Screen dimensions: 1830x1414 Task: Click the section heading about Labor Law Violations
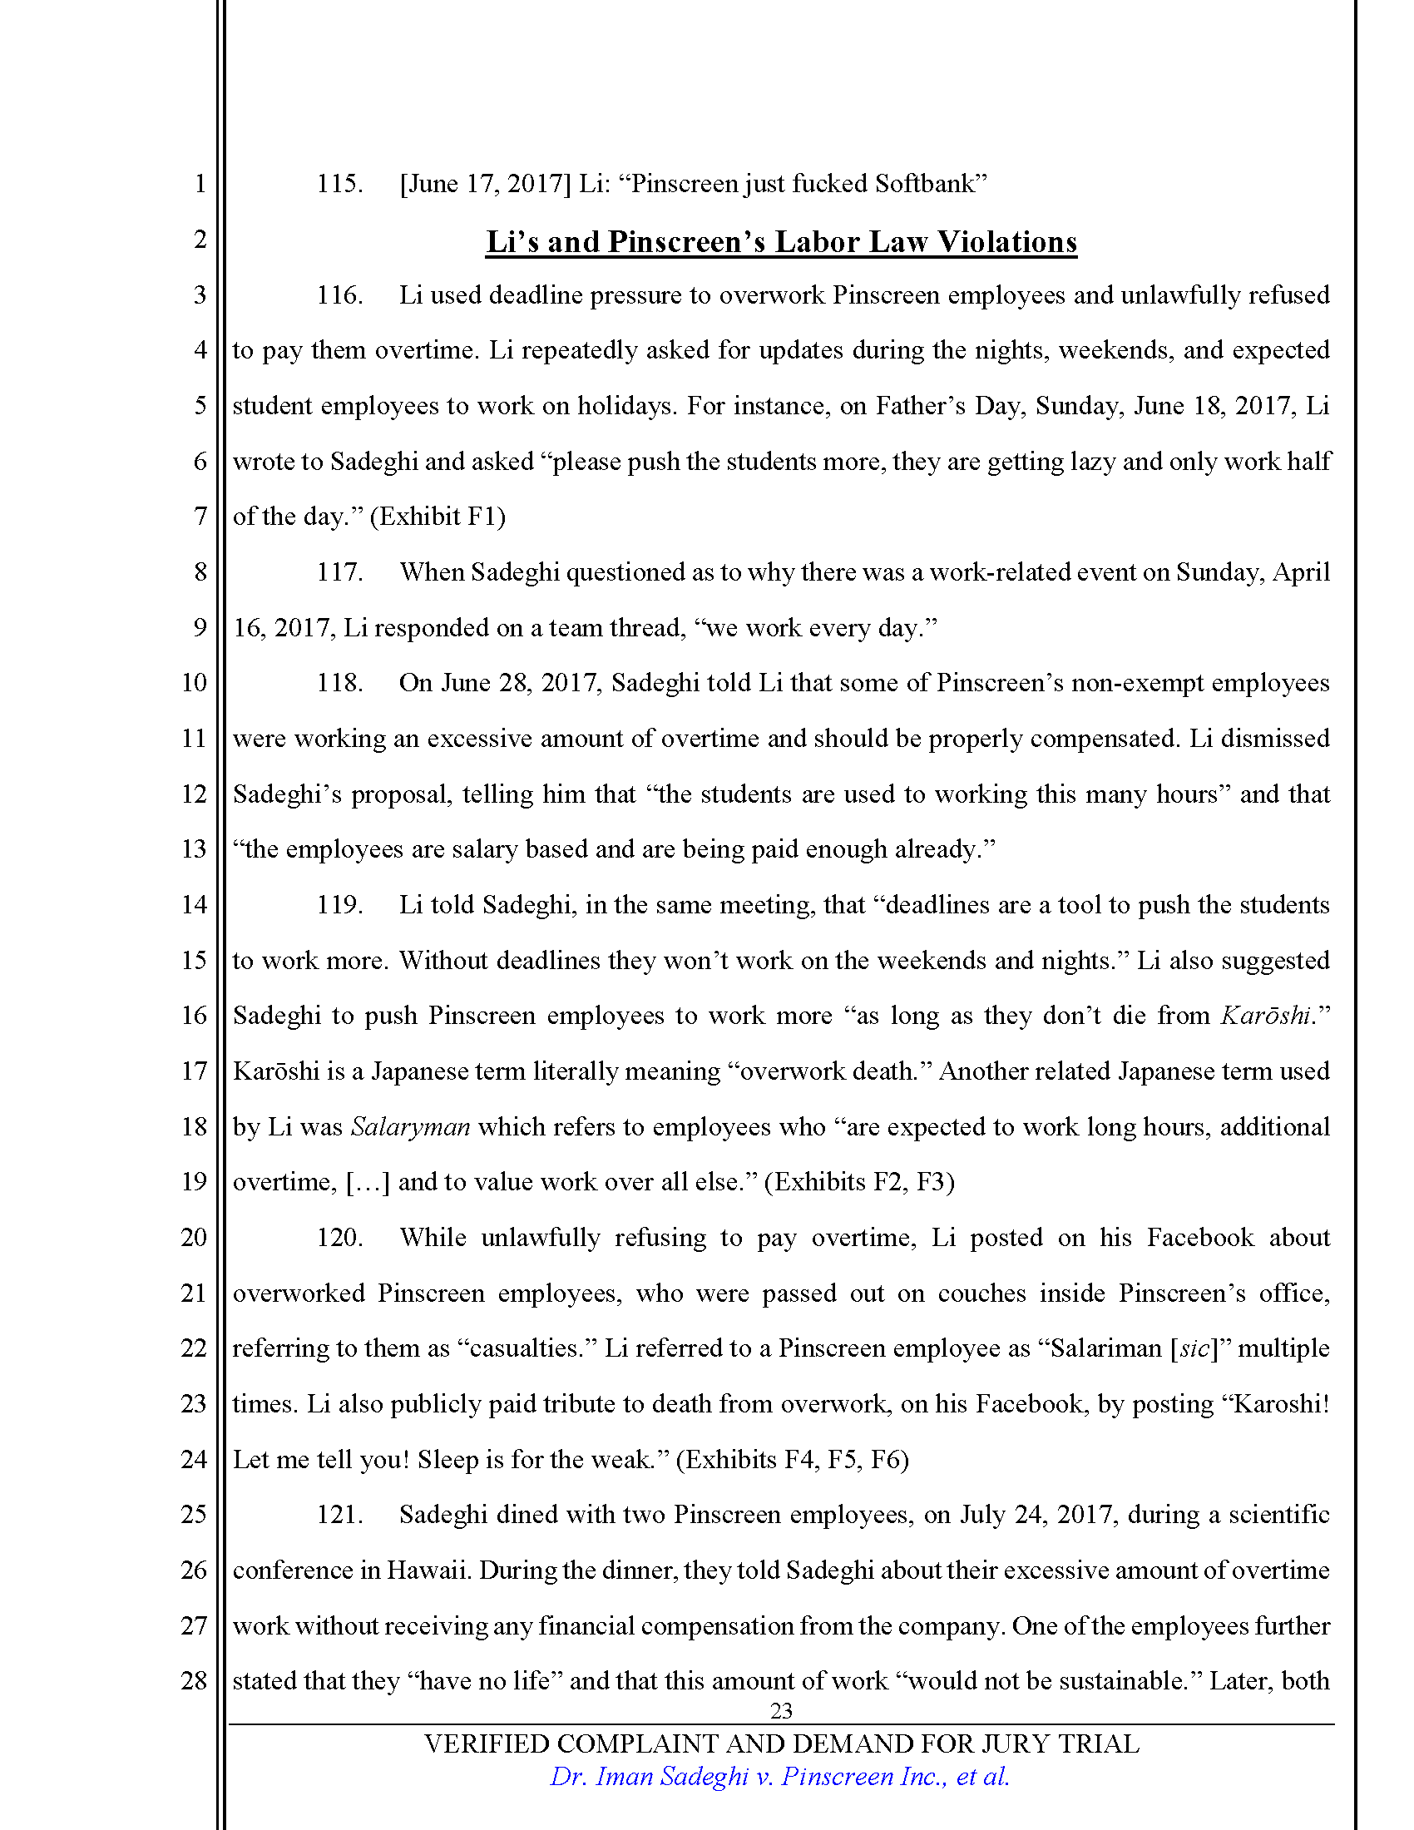[781, 242]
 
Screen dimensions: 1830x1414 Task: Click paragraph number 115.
[339, 184]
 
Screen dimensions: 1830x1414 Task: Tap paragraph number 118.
[339, 683]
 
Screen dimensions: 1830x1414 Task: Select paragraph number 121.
[339, 1515]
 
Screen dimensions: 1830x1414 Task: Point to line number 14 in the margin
[194, 905]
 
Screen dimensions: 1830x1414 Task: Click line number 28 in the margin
[194, 1681]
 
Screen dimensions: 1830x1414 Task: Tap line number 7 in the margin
[200, 517]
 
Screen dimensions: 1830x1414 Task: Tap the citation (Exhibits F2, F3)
[859, 1182]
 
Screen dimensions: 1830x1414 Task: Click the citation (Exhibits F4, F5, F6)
[792, 1460]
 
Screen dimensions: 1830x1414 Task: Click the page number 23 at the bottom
[781, 1711]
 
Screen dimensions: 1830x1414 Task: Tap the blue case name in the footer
[779, 1777]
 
